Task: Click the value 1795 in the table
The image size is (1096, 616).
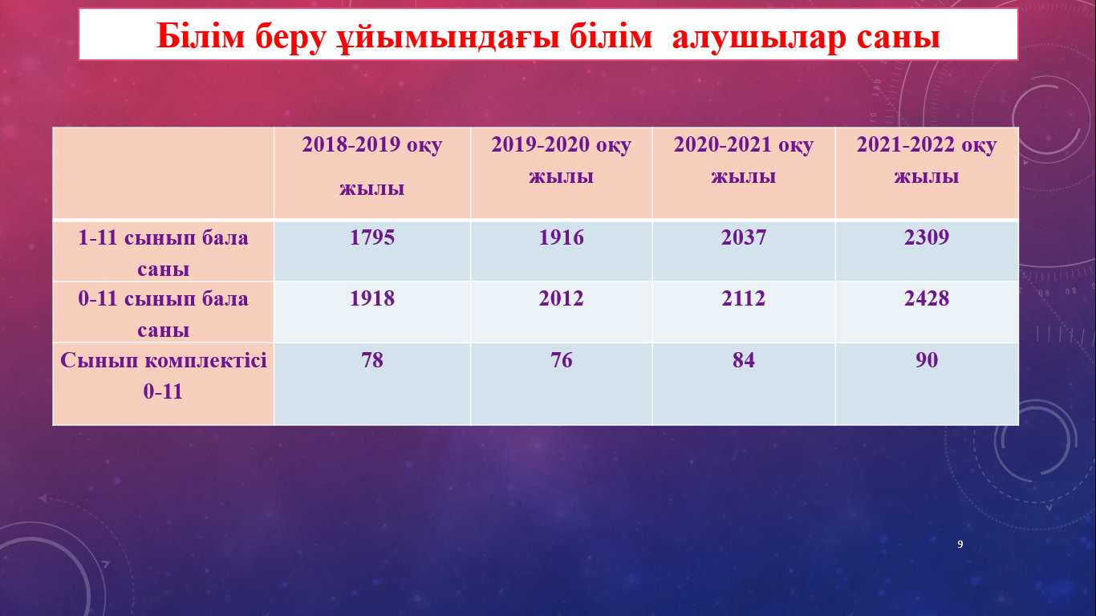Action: tap(371, 237)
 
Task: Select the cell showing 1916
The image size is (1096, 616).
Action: tap(561, 237)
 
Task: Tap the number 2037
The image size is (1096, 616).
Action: tap(743, 237)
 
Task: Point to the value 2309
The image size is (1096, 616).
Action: tap(926, 237)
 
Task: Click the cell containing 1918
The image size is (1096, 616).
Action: tap(371, 298)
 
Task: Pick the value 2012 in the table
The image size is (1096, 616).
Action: tap(561, 298)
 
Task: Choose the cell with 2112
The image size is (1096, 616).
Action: tap(743, 298)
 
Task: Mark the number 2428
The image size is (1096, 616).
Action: tap(926, 298)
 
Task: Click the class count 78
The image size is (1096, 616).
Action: tap(371, 360)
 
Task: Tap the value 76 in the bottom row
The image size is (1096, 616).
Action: tap(561, 360)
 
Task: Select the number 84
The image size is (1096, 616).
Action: tap(743, 360)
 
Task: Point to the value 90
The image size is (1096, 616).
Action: tap(926, 360)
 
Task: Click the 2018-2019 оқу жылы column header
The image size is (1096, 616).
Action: tap(371, 166)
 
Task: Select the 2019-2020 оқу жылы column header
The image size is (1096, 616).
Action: tap(561, 160)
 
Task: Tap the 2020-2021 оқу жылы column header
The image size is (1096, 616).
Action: tap(743, 160)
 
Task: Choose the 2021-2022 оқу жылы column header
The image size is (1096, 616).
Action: tap(926, 160)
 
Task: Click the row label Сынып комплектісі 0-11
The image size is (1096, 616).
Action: tap(164, 375)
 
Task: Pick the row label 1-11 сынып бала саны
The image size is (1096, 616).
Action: tap(164, 253)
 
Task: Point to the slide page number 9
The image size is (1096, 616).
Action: tap(960, 544)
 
